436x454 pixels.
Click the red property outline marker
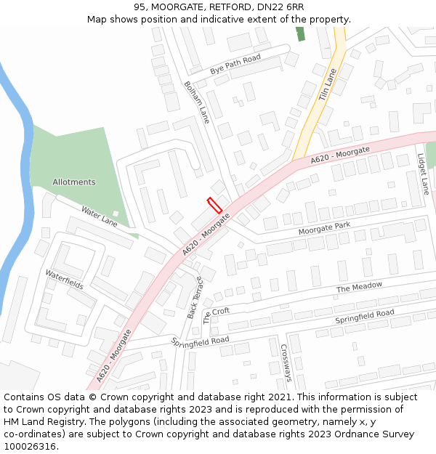point(214,205)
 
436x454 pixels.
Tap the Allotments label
point(73,182)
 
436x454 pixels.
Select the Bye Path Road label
point(235,65)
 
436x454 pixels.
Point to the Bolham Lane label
point(196,102)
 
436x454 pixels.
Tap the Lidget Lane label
point(423,174)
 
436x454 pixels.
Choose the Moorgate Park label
point(324,229)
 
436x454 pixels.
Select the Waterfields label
point(64,280)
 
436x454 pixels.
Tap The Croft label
point(216,315)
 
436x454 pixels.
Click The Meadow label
point(359,288)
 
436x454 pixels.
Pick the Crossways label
point(286,362)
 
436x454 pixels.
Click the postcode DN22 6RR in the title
point(280,7)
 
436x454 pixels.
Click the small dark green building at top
point(300,33)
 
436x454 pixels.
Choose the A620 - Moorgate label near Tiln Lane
point(340,154)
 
